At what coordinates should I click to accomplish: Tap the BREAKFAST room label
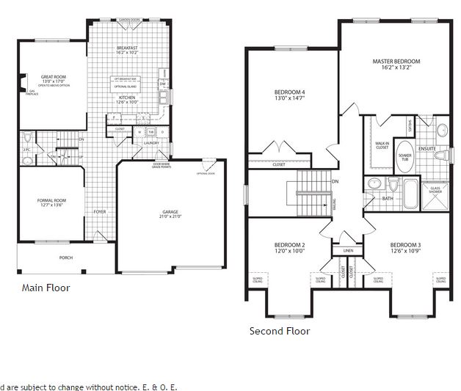128,47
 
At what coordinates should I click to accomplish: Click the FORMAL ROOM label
52,200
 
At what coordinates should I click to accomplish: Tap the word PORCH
66,257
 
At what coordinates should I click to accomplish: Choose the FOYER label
100,212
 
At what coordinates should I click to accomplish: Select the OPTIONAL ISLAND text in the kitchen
126,87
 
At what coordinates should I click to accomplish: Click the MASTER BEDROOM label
396,61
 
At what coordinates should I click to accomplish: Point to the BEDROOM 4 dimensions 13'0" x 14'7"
289,98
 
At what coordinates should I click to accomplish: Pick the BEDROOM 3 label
405,244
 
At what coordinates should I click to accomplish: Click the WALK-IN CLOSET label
382,145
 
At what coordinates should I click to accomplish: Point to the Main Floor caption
46,288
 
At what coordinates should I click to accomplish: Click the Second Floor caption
280,331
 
